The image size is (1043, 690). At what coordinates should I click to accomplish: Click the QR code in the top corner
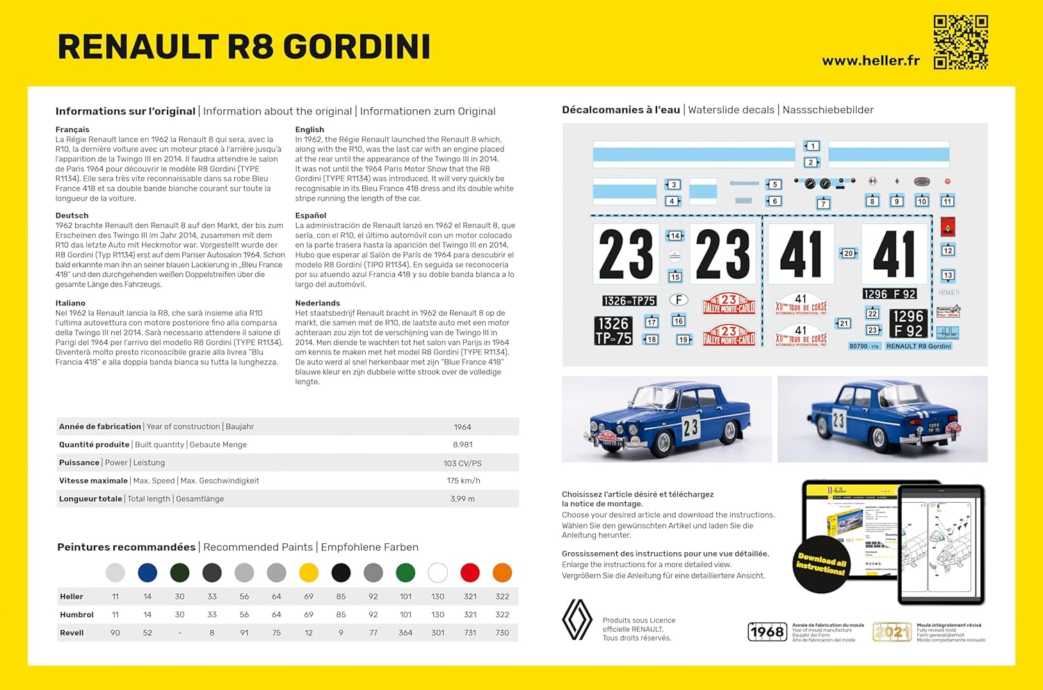coord(960,42)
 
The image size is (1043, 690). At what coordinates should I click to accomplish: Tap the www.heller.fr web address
coord(871,61)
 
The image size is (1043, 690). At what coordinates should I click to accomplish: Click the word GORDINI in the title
coord(357,47)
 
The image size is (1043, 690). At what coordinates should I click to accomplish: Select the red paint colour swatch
coord(470,572)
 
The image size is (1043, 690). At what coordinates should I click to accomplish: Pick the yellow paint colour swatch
coord(309,572)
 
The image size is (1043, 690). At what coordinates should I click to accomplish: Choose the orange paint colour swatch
coord(502,572)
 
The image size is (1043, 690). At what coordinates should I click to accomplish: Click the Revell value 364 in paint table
coord(405,633)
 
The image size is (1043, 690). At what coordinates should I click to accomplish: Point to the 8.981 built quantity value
coord(462,445)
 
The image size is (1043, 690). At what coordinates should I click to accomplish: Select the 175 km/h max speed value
coord(463,481)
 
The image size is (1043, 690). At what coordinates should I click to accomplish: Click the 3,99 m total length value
coord(462,499)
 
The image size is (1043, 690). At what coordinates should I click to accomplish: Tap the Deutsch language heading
coord(72,216)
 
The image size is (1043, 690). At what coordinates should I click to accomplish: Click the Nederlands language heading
coord(317,303)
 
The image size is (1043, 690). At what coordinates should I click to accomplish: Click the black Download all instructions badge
coord(821,564)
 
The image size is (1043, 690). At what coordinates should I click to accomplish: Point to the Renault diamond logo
coord(576,620)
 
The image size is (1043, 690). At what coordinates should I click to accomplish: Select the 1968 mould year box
coord(767,632)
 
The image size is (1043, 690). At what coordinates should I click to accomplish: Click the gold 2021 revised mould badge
coord(891,632)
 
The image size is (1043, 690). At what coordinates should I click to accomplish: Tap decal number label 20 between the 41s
coord(848,254)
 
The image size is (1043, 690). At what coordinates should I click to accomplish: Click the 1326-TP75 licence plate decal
coord(629,300)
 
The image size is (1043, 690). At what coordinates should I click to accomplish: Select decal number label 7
coord(823,204)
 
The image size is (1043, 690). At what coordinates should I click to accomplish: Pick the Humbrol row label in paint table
coord(76,615)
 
